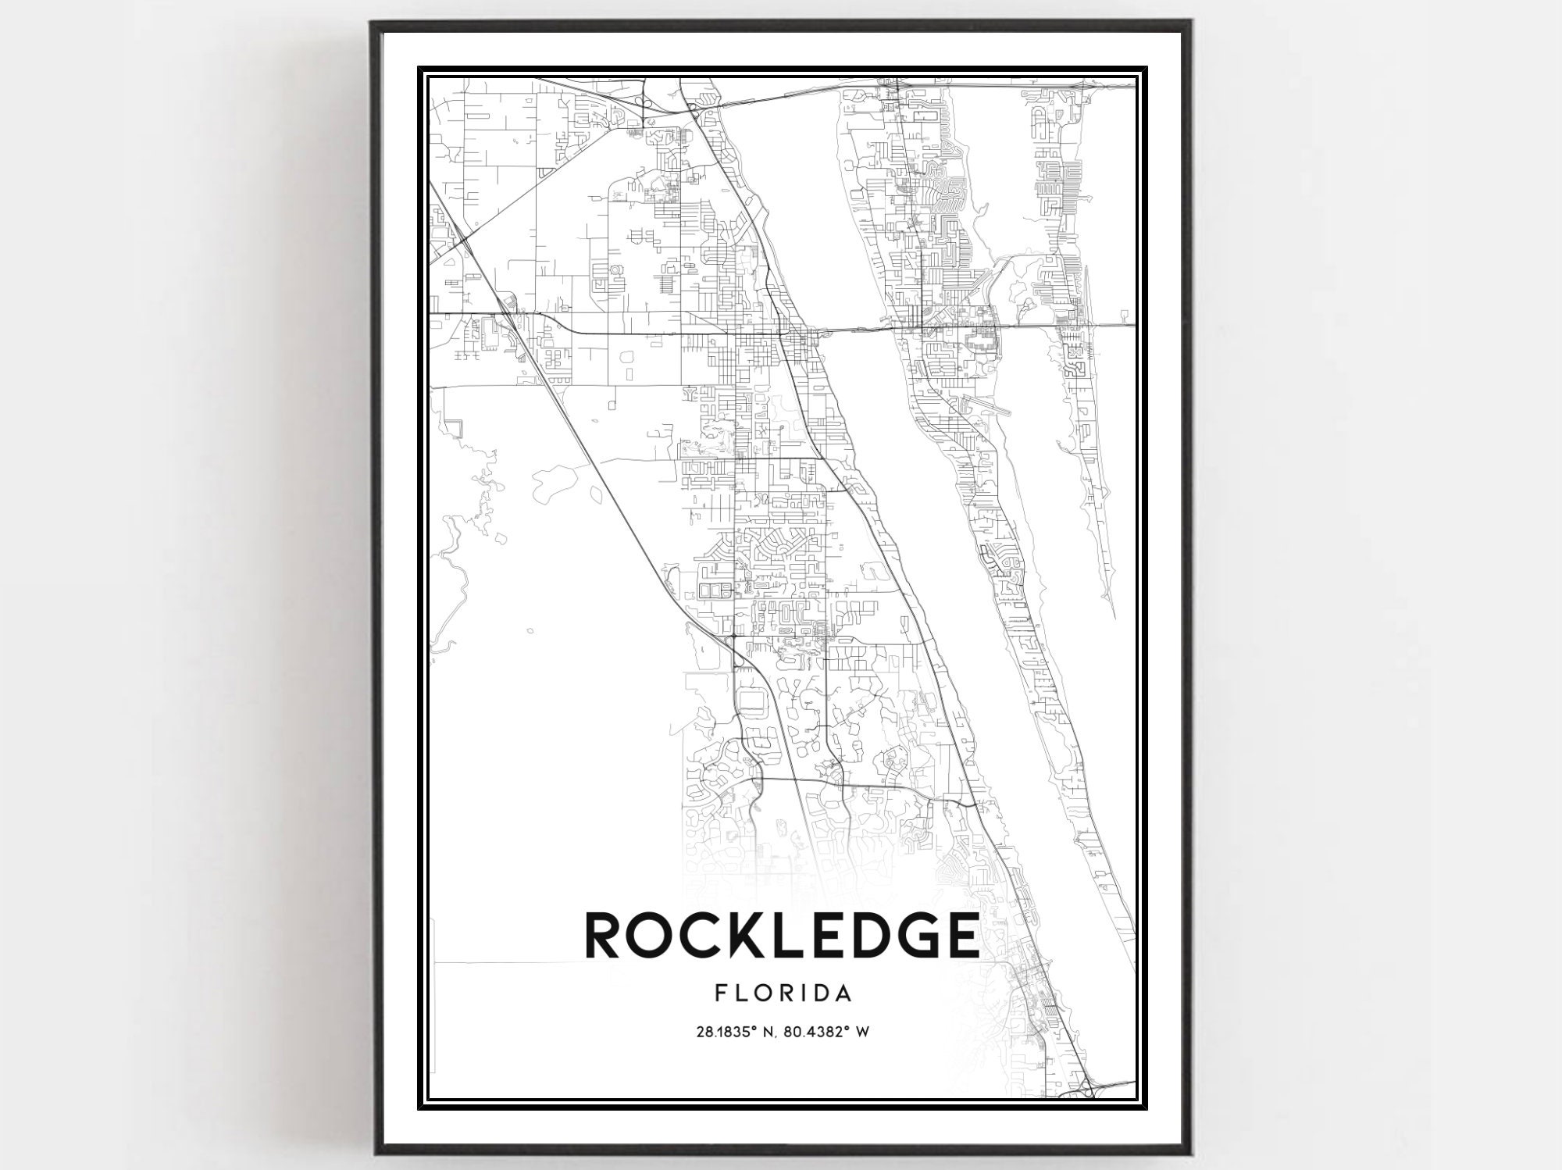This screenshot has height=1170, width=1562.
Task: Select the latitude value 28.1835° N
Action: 733,1032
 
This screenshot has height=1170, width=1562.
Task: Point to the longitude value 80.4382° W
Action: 826,1032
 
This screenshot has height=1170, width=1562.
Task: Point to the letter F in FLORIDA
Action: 720,993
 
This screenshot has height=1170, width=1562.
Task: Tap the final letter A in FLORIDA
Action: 843,993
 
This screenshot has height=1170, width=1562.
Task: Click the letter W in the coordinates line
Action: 862,1032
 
